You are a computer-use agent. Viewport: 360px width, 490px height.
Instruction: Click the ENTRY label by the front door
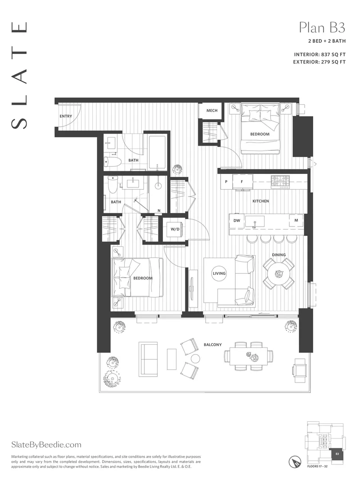click(66, 116)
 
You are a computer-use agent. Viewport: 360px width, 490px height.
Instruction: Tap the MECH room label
click(212, 111)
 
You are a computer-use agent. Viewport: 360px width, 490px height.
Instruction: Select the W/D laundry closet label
click(175, 229)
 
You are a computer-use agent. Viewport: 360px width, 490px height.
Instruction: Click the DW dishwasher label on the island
click(236, 220)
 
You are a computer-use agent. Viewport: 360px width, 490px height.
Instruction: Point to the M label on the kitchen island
click(296, 220)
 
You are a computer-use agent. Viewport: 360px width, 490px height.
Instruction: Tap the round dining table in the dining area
click(279, 273)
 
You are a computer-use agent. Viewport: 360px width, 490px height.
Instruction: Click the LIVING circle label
click(219, 273)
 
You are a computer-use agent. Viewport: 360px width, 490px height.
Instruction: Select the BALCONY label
click(212, 345)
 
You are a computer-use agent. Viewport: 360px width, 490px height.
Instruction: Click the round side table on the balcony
click(195, 358)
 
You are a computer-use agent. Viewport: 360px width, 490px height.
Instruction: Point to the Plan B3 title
click(322, 28)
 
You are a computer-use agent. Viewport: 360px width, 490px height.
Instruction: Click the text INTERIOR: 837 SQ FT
click(319, 55)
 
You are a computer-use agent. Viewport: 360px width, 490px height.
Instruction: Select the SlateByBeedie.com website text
click(46, 445)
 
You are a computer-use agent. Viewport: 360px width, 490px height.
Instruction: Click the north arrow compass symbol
click(295, 461)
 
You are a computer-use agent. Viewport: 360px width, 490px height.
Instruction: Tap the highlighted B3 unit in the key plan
click(337, 454)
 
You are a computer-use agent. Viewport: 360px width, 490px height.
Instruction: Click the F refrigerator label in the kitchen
click(242, 182)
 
